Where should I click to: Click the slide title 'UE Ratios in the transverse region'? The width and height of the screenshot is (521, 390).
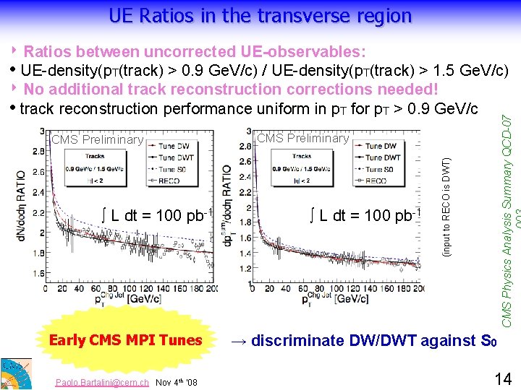tap(260, 15)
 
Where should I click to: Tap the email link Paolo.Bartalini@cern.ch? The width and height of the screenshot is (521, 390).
tap(103, 382)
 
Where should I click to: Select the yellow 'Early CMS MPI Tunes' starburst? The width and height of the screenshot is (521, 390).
tap(125, 339)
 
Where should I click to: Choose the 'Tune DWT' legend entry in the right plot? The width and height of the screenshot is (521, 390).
tap(382, 157)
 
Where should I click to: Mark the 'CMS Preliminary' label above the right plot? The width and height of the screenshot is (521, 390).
tap(303, 138)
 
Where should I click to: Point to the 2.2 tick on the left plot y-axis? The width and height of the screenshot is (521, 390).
tap(36, 214)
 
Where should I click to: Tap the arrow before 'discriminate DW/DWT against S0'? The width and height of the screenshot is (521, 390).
tap(239, 339)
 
